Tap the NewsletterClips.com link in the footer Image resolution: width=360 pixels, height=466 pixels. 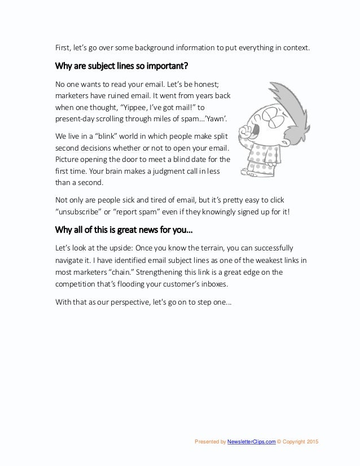click(252, 441)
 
